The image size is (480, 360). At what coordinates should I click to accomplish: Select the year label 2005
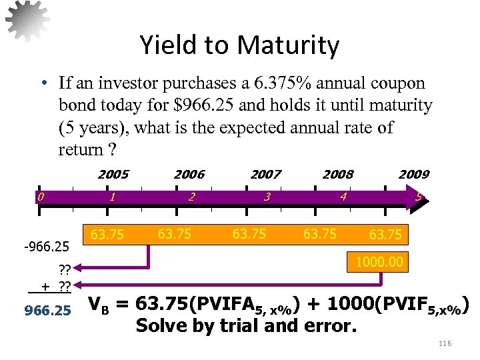coord(113,175)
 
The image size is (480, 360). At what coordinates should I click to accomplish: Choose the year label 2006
coord(189,175)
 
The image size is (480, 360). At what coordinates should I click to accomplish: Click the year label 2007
coord(265,175)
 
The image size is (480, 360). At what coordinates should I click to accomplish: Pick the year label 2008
coord(338,175)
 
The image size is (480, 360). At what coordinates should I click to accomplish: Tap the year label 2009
coord(414,175)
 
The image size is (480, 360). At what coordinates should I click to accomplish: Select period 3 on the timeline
coord(267,197)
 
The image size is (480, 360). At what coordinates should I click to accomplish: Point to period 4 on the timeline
coord(343,197)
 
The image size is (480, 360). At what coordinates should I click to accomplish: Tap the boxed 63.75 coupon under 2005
coord(107,235)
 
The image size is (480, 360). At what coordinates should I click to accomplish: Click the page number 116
coord(445,343)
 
